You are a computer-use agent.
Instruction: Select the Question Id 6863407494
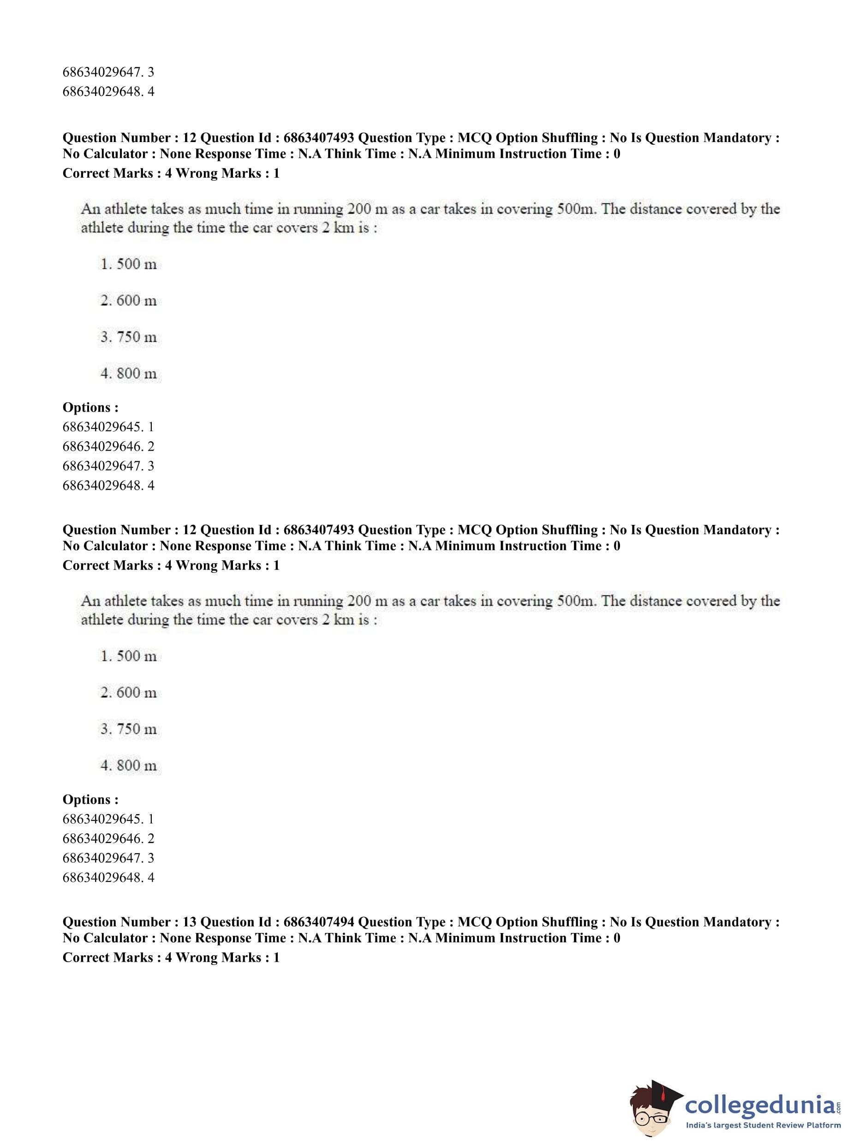318,922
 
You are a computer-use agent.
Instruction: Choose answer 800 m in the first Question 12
129,374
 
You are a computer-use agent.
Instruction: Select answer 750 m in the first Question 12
129,337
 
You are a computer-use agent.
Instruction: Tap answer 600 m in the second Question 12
129,692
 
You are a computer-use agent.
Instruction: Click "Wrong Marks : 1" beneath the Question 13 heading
227,958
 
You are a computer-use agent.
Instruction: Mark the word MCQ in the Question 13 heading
474,922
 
